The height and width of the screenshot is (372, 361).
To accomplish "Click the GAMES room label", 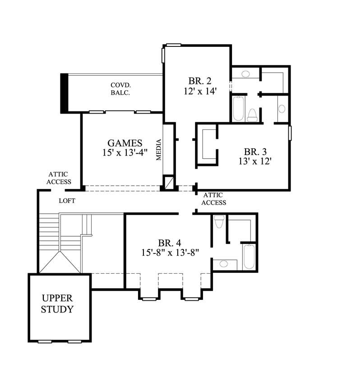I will (125, 143).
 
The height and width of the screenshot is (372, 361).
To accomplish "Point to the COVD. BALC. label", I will (120, 89).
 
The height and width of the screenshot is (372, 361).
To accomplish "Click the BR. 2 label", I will (200, 81).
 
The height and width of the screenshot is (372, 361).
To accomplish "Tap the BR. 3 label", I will (255, 151).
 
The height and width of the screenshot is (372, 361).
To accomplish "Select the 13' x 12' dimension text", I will (255, 161).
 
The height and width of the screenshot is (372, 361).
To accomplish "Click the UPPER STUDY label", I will (57, 304).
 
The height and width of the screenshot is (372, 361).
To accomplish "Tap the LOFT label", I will (67, 201).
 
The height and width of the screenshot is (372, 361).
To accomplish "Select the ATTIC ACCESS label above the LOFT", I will (60, 178).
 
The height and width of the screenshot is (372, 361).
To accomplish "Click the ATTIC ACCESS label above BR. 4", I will (213, 199).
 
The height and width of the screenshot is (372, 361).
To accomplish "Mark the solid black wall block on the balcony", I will (64, 93).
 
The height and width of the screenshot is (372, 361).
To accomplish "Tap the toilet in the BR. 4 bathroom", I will (219, 222).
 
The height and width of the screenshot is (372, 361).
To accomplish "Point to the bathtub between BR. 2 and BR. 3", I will (238, 108).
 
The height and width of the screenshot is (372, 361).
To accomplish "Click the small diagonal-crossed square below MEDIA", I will (168, 183).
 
